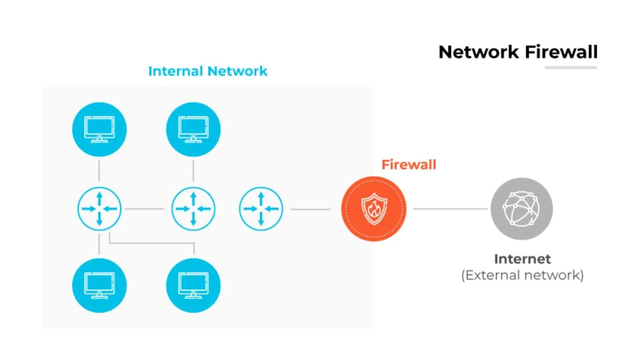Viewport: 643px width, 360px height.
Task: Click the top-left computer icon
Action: (x=99, y=129)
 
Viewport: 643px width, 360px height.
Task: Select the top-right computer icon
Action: (x=193, y=129)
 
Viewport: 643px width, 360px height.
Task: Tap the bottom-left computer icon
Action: (x=99, y=286)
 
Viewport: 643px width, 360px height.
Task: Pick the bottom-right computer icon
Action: (x=193, y=286)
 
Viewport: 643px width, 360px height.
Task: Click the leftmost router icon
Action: (x=99, y=209)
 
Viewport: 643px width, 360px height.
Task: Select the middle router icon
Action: (x=193, y=209)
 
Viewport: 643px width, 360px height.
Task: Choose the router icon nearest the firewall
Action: (x=261, y=209)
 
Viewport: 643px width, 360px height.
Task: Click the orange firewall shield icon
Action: (x=374, y=209)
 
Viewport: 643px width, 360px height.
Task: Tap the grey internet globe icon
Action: (x=522, y=209)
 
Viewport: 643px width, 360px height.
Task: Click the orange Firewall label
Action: (x=409, y=165)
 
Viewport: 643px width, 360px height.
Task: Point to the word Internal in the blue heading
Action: (x=175, y=71)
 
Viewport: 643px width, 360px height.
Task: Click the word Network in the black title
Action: (x=479, y=52)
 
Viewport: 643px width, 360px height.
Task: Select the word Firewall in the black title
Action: (x=561, y=52)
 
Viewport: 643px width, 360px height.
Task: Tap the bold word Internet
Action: (x=522, y=259)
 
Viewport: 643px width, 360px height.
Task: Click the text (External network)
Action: (x=522, y=275)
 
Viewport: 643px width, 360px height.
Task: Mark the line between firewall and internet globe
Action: (x=450, y=209)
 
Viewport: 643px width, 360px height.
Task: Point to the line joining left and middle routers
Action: (x=144, y=209)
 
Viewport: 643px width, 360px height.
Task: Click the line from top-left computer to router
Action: (x=99, y=171)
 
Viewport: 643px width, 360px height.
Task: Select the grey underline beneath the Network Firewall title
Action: (x=571, y=68)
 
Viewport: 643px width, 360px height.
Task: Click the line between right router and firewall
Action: (x=310, y=209)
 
